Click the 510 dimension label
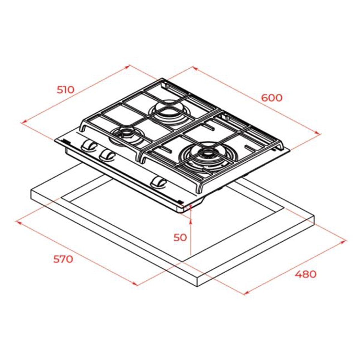(66, 90)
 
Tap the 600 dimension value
(271, 98)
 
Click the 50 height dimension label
(180, 237)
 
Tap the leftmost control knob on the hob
(89, 145)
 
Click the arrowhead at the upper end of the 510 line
(127, 67)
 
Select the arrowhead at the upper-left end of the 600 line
(195, 68)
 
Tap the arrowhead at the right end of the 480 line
(343, 242)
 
